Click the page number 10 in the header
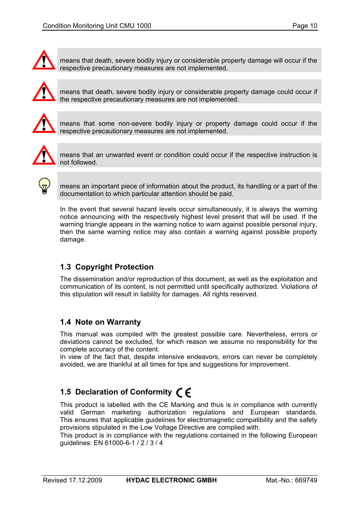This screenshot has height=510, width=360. [313, 26]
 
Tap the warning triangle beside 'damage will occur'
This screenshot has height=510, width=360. [44, 61]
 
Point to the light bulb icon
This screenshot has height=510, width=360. [45, 186]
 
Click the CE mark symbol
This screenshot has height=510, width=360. [184, 393]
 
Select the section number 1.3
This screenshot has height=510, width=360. [65, 267]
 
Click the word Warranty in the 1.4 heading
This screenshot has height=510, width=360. [123, 322]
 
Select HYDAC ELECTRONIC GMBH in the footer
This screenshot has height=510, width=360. [171, 480]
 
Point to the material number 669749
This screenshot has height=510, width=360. [306, 480]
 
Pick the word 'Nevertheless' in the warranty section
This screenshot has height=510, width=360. [266, 334]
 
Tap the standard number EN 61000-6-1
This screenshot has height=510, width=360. [114, 443]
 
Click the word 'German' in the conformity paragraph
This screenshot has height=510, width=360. [92, 412]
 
